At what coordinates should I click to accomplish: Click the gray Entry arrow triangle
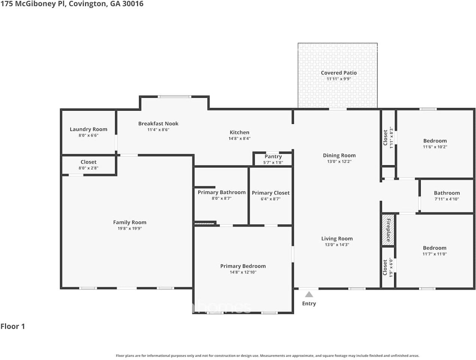tap(309, 294)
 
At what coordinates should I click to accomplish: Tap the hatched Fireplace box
tap(388, 230)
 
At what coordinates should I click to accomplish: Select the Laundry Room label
tap(88, 129)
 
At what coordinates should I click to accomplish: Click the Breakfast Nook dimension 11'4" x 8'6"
tap(158, 130)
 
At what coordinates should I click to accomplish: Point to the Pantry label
tap(273, 156)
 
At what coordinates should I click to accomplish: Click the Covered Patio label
tap(339, 73)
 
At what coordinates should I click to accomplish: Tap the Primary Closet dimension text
tap(270, 199)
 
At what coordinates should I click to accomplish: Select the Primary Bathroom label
tap(222, 192)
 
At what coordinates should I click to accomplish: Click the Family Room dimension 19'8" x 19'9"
tap(130, 228)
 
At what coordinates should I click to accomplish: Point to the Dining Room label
tap(339, 155)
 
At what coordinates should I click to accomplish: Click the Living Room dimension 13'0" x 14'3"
tap(337, 244)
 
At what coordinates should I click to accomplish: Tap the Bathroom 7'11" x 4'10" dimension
tap(447, 199)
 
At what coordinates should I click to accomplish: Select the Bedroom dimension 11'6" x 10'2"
tap(435, 147)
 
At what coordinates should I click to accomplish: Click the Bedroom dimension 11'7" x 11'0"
tap(434, 254)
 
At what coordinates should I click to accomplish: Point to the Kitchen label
tap(239, 132)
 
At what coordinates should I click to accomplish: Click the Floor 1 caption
tap(13, 326)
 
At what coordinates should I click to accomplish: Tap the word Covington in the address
tap(88, 4)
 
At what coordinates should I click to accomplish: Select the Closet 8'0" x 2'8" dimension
tap(88, 168)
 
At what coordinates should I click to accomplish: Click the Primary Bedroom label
tap(243, 266)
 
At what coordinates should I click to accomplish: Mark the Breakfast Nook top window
tap(174, 97)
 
